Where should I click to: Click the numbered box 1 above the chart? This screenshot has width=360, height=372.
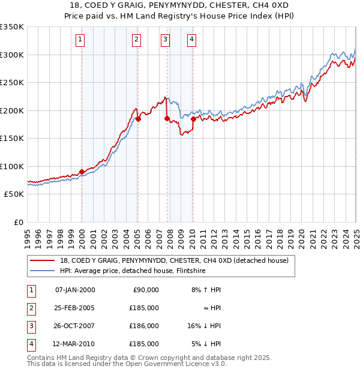click(x=80, y=40)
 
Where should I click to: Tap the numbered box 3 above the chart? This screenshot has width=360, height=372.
click(x=165, y=40)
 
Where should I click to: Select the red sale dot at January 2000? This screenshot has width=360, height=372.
click(x=82, y=172)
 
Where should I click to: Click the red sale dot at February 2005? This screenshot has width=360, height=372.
click(x=138, y=119)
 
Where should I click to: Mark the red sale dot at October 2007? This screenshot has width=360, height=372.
click(x=167, y=118)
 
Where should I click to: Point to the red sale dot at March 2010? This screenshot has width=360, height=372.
click(x=193, y=119)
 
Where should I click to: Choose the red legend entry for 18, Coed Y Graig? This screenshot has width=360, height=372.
click(x=174, y=260)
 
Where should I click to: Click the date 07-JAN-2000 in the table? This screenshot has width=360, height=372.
click(x=75, y=290)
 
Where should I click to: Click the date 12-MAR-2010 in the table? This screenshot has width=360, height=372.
click(x=75, y=344)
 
